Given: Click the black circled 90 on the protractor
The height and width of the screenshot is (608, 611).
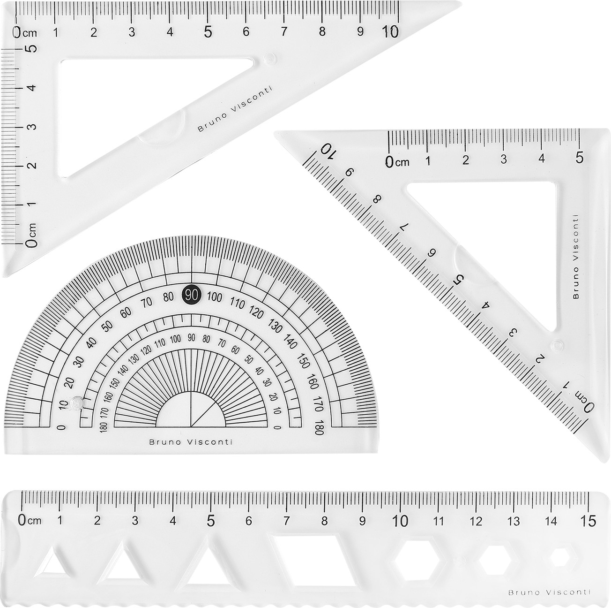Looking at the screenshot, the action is coord(192,295).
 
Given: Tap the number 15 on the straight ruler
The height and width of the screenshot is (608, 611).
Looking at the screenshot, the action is coord(589,521).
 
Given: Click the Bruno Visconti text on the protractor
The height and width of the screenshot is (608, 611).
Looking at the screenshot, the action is coord(191,442).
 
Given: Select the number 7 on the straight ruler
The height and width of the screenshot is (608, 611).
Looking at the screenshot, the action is coord(286,521).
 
